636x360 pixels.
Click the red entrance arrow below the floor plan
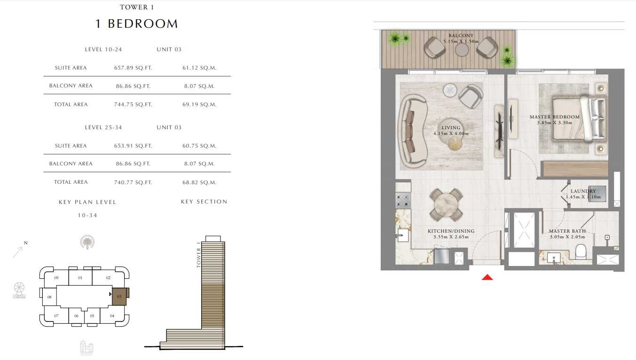(487, 277)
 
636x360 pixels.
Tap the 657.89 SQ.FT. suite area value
(133, 68)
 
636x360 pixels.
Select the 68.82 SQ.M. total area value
(199, 182)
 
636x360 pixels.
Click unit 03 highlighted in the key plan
(119, 297)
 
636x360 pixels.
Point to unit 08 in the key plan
(49, 297)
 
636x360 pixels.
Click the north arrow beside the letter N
(18, 252)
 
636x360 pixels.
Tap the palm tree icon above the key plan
(87, 242)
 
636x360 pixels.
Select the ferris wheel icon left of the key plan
(19, 290)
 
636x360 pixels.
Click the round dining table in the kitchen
(447, 205)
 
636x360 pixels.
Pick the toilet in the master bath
(581, 251)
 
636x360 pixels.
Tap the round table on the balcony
(462, 50)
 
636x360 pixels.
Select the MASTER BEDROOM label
(555, 117)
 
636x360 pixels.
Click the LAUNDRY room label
(583, 191)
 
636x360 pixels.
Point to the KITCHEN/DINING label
(451, 231)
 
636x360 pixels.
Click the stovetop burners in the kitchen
(403, 200)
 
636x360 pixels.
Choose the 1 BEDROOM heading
(137, 23)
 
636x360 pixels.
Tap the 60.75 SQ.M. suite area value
(199, 146)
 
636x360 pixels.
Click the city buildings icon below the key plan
(86, 347)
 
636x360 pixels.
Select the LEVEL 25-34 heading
(103, 127)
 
